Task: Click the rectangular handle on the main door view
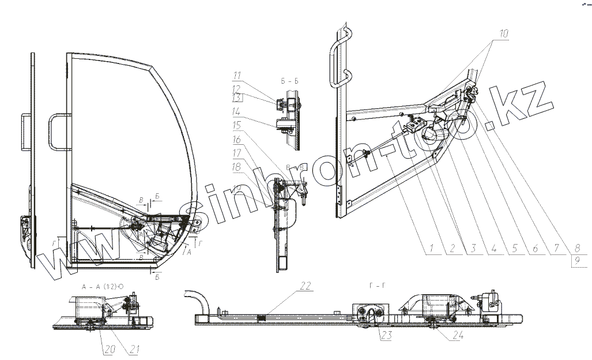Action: (x=58, y=132)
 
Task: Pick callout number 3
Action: (x=472, y=249)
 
